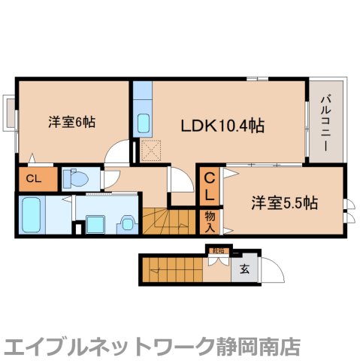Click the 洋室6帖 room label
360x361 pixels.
pos(71,121)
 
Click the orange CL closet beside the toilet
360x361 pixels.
pos(33,179)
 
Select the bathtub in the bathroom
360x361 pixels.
pos(33,214)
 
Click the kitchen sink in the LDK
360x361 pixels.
pos(144,122)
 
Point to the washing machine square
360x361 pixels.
pos(95,224)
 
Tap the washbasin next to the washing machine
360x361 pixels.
pos(127,223)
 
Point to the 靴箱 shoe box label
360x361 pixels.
pos(218,251)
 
